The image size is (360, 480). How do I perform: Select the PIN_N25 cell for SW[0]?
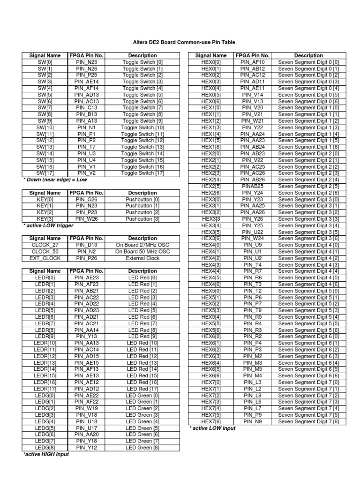pyautogui.click(x=86, y=62)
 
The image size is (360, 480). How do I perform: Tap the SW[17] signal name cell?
pyautogui.click(x=45, y=173)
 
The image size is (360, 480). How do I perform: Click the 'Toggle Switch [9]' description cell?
pyautogui.click(x=142, y=121)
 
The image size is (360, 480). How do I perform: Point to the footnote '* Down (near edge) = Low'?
pyautogui.click(x=55, y=180)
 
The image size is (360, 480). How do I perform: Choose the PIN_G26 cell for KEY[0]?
pyautogui.click(x=86, y=199)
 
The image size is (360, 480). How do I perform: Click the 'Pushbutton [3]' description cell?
pyautogui.click(x=142, y=219)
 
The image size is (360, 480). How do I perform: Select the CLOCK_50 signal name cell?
pyautogui.click(x=45, y=252)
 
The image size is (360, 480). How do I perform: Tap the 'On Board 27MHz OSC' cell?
pyautogui.click(x=142, y=245)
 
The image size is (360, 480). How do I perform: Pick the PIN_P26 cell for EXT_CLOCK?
pyautogui.click(x=86, y=258)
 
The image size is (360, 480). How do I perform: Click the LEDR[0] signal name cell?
pyautogui.click(x=45, y=277)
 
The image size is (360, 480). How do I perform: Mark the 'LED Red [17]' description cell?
pyautogui.click(x=142, y=389)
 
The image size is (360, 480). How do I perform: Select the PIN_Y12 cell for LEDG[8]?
pyautogui.click(x=86, y=448)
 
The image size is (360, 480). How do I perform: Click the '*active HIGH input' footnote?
pyautogui.click(x=46, y=454)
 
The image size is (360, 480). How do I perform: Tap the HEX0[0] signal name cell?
pyautogui.click(x=211, y=62)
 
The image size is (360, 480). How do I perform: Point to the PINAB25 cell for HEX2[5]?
pyautogui.click(x=253, y=186)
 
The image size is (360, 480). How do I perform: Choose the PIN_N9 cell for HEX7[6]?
pyautogui.click(x=253, y=421)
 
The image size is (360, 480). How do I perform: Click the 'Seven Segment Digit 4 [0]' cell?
pyautogui.click(x=308, y=245)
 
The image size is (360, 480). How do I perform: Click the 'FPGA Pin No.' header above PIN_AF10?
pyautogui.click(x=253, y=55)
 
